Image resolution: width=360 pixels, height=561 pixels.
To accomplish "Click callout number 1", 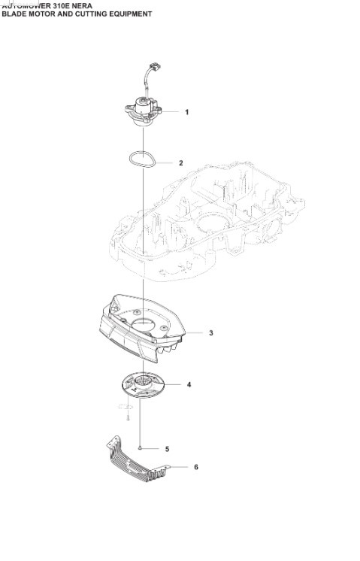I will coord(186,112).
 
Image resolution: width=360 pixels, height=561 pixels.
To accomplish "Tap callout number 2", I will coord(180,162).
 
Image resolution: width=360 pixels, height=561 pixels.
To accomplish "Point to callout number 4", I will coord(189,384).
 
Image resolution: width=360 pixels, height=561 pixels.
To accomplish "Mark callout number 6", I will coord(195,467).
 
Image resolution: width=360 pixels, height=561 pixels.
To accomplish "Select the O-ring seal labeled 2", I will coord(141,159).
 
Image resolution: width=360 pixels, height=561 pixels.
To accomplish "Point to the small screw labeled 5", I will coord(141,447).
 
